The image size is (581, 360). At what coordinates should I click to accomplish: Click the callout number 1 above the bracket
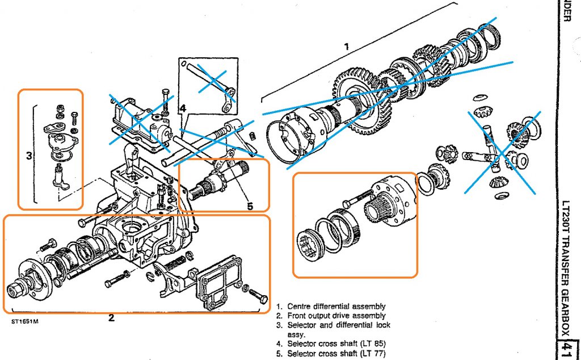[347, 47]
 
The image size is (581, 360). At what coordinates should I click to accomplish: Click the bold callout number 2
[111, 318]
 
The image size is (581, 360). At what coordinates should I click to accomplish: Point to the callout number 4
[182, 107]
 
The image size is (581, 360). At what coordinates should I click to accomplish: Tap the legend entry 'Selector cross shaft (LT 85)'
[335, 344]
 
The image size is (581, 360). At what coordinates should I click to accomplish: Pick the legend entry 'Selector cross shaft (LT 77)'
[335, 353]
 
